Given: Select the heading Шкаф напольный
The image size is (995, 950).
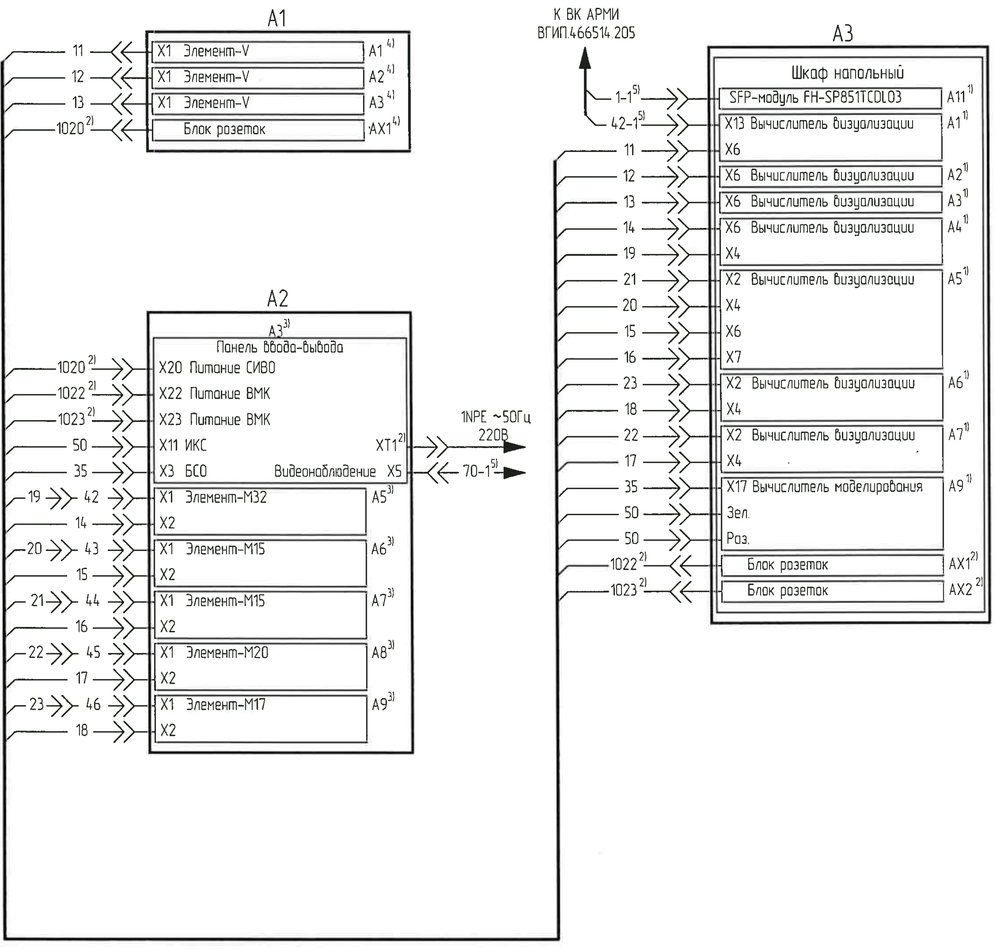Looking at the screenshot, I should [x=847, y=73].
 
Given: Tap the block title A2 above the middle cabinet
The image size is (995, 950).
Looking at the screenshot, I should [x=277, y=299].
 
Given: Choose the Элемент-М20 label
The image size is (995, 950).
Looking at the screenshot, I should [x=227, y=653].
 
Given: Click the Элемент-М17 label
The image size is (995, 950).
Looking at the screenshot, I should [x=226, y=704].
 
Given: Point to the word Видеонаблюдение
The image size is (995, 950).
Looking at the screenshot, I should [x=325, y=472].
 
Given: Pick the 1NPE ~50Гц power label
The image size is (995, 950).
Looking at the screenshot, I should [x=495, y=418].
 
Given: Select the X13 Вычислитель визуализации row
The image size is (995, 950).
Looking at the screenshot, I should [x=819, y=124].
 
